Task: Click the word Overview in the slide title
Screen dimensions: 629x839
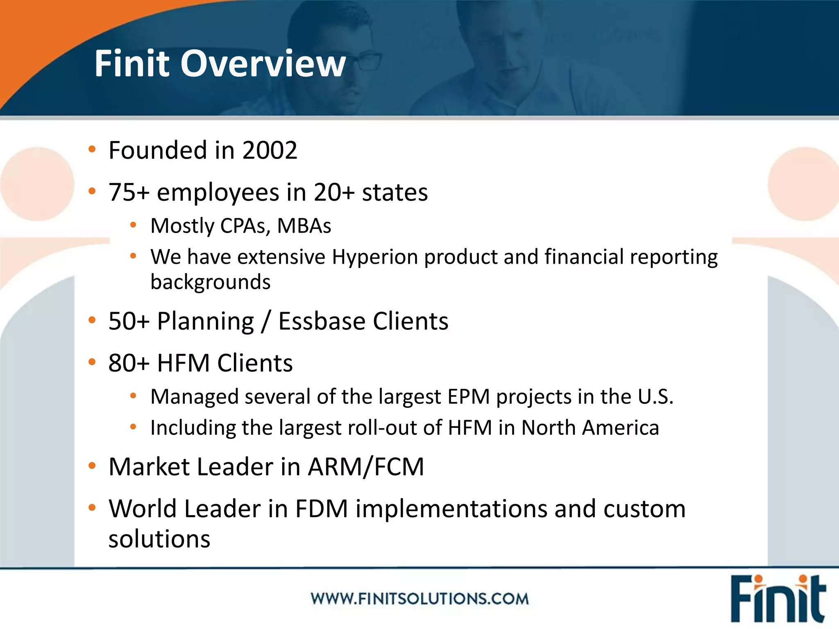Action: pyautogui.click(x=263, y=63)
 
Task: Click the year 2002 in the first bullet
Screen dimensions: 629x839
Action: pyautogui.click(x=270, y=150)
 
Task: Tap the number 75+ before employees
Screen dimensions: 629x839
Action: pyautogui.click(x=129, y=192)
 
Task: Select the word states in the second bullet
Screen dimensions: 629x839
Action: pyautogui.click(x=395, y=192)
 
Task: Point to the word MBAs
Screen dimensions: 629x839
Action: pyautogui.click(x=304, y=226)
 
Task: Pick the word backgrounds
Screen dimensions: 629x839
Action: pyautogui.click(x=210, y=282)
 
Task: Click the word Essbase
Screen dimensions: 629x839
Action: pyautogui.click(x=322, y=321)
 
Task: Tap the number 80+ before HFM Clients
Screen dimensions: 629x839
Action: pyautogui.click(x=129, y=363)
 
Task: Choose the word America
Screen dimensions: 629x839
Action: pyautogui.click(x=620, y=428)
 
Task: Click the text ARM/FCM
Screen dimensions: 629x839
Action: pyautogui.click(x=365, y=467)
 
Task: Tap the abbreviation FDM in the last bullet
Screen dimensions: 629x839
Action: pyautogui.click(x=321, y=509)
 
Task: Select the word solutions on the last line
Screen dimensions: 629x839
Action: pyautogui.click(x=159, y=539)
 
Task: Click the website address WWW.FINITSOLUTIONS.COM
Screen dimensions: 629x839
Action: pyautogui.click(x=419, y=599)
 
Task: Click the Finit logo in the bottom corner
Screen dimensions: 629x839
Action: pyautogui.click(x=777, y=599)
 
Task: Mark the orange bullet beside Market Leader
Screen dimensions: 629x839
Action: pyautogui.click(x=92, y=466)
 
